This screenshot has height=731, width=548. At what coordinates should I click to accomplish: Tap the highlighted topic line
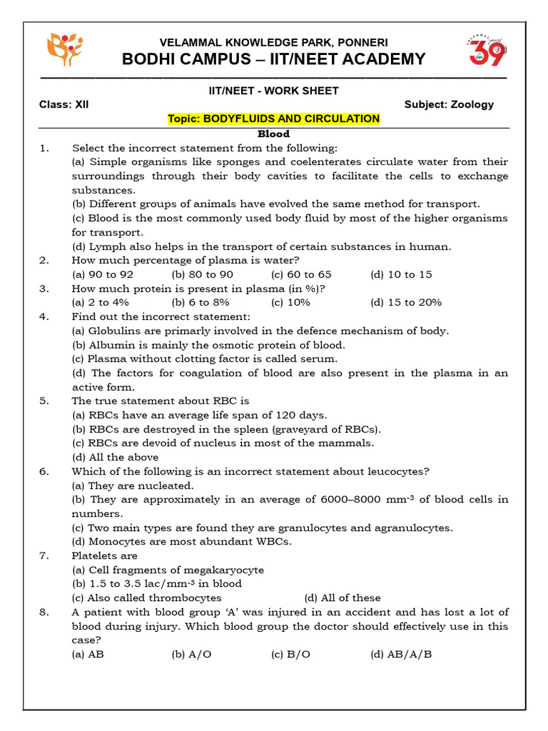273,119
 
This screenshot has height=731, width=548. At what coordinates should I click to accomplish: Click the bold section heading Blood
273,133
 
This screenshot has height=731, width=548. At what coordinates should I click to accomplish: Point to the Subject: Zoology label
449,104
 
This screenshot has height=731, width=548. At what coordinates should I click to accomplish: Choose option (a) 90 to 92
103,274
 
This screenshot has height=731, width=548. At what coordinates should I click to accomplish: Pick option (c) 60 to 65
301,274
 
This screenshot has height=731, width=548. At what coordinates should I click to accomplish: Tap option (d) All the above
115,457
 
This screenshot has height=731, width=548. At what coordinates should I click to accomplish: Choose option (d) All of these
342,598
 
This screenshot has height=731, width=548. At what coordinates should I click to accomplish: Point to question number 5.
44,401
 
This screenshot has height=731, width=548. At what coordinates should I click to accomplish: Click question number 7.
44,555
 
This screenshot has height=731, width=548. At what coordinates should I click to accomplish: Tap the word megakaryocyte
224,570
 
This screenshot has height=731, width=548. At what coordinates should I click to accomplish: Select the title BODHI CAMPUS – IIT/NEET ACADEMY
274,59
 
